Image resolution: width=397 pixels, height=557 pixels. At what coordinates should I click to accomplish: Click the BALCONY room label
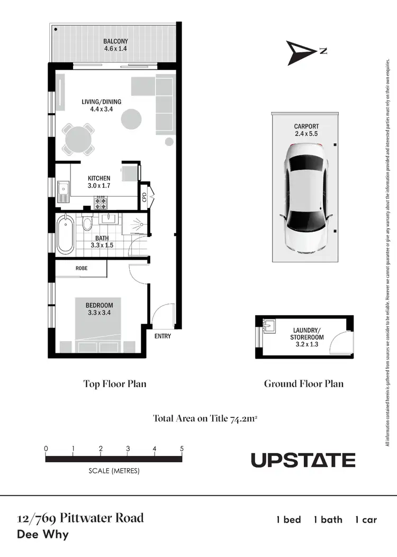click(x=116, y=41)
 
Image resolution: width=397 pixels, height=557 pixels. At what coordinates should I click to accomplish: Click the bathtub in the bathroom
click(x=66, y=234)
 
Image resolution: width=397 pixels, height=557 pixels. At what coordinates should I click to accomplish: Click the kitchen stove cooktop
click(x=101, y=201)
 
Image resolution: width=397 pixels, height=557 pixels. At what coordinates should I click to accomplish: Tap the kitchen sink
click(x=64, y=188)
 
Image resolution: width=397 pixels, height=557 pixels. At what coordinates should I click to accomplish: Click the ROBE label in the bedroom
click(x=82, y=269)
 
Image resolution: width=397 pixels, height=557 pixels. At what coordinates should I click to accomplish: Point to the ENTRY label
click(x=163, y=336)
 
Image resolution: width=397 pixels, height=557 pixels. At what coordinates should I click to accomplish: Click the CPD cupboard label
click(x=144, y=197)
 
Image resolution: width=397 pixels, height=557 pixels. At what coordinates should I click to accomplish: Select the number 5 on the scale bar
click(x=182, y=449)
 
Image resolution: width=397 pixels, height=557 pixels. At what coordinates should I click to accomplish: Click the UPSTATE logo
click(x=303, y=460)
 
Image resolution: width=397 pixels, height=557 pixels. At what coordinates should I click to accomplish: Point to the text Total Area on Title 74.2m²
click(x=205, y=418)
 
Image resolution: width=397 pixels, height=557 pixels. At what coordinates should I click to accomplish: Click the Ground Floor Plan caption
click(x=303, y=383)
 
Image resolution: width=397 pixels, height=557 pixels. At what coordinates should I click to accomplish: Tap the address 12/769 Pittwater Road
click(x=80, y=517)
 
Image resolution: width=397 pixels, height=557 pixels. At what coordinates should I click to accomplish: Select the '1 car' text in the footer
click(x=366, y=519)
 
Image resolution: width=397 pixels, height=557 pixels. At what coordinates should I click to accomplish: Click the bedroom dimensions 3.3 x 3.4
click(x=100, y=313)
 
